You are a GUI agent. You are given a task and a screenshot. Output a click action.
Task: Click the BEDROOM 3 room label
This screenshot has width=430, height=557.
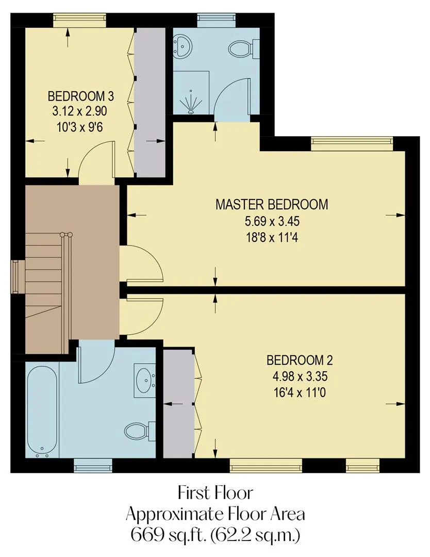[x=81, y=96]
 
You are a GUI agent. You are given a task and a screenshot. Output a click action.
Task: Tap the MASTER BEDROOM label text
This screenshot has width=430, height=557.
[x=272, y=205]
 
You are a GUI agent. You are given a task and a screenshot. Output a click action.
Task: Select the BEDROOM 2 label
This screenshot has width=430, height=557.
[x=300, y=360]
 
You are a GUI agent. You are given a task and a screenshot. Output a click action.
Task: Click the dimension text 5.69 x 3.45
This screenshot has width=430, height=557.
[x=272, y=221]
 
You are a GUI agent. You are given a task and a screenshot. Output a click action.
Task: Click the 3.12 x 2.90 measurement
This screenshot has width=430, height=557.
[x=79, y=111]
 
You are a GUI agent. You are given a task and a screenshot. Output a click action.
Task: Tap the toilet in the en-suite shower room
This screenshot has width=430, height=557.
[x=244, y=48]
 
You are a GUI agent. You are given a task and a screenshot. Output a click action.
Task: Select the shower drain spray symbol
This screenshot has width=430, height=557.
[x=191, y=103]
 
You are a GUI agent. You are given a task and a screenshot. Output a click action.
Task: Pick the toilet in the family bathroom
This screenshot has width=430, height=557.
[x=140, y=431]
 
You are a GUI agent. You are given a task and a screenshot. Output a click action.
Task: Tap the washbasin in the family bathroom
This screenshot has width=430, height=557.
[x=145, y=381]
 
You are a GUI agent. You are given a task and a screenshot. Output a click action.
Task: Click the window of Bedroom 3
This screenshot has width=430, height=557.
[x=79, y=20]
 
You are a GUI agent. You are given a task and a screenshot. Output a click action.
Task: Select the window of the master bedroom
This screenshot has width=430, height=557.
[x=352, y=144]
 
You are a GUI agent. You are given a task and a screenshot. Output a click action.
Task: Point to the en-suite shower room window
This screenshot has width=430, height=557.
[x=216, y=20]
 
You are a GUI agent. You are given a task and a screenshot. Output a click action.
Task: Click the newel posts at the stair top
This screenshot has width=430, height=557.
[x=67, y=235]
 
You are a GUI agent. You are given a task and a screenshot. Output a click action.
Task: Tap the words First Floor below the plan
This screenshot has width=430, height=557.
[x=215, y=493]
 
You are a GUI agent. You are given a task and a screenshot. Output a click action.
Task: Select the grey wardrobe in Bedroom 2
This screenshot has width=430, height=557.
[x=178, y=403]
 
